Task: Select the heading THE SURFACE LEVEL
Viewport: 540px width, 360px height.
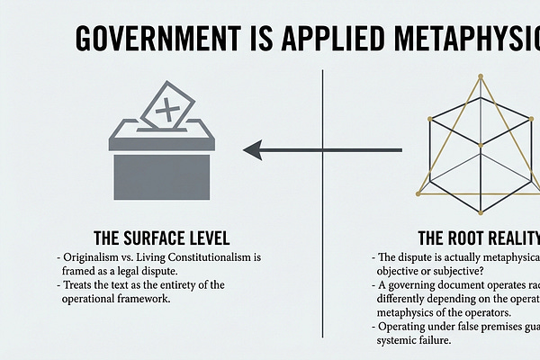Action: tap(161, 238)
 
